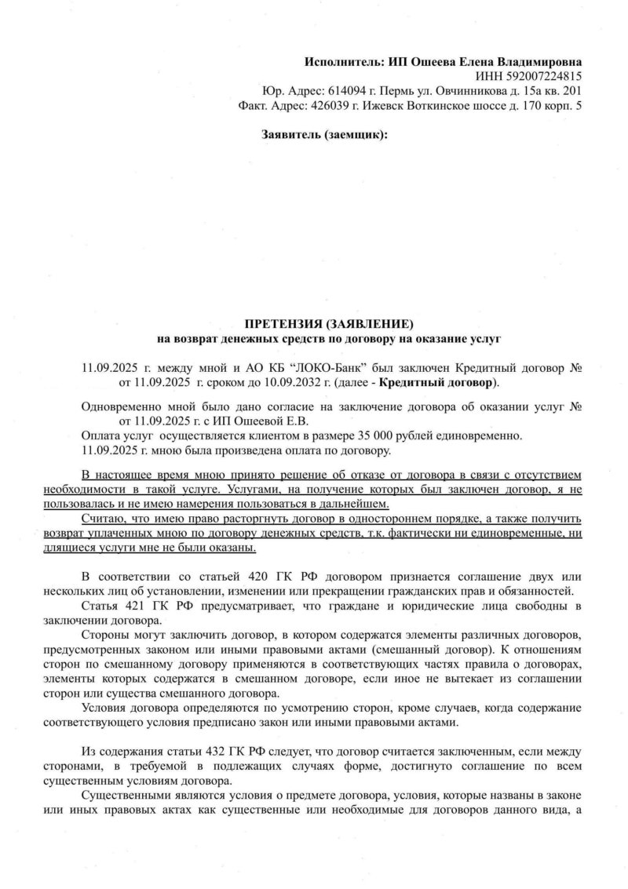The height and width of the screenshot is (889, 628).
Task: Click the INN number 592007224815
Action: click(542, 76)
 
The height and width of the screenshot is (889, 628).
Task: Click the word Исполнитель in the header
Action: click(343, 61)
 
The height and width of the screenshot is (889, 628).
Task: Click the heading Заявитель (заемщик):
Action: click(323, 135)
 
